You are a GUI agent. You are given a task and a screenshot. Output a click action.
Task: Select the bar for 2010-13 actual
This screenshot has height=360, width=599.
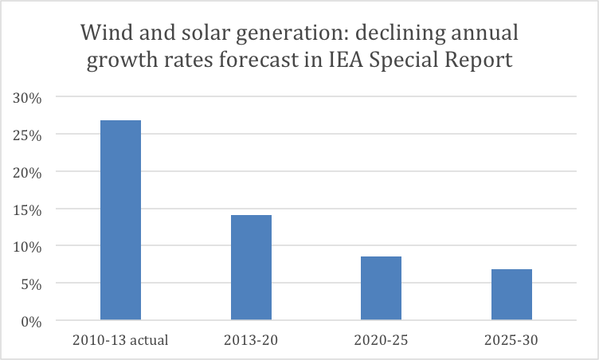coord(120,221)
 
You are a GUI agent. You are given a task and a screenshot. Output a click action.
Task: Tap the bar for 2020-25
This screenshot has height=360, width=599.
coord(381,288)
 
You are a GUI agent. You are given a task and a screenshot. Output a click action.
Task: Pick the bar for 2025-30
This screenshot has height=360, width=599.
coord(511,295)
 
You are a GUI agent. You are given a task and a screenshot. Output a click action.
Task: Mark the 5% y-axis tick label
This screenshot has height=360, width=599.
coord(29,284)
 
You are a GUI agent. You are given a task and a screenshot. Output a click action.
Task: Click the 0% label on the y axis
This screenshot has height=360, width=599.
coord(29,321)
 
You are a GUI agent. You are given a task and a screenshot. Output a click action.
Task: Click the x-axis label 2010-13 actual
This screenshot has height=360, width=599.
coord(120,341)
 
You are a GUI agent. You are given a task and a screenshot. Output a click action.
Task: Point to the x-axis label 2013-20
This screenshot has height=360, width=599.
coord(251,341)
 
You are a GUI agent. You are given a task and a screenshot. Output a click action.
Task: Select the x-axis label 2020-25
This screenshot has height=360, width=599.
coord(381,341)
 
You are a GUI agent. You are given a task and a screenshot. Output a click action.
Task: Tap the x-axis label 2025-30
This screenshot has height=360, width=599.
coord(511,341)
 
